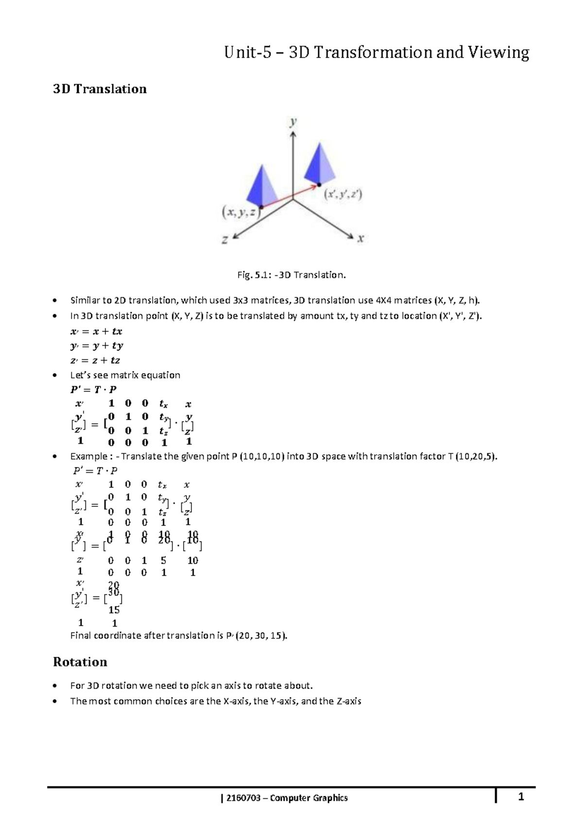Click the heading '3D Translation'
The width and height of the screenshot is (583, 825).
click(x=100, y=89)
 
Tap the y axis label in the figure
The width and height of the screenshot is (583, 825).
click(x=293, y=122)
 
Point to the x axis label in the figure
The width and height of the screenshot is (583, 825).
click(x=360, y=238)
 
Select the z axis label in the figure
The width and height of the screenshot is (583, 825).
click(x=225, y=239)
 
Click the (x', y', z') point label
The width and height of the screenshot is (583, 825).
click(x=343, y=195)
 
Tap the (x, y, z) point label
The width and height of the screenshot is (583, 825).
click(x=240, y=213)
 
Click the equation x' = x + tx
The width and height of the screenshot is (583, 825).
click(x=96, y=331)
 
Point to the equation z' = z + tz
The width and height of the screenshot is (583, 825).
click(x=95, y=360)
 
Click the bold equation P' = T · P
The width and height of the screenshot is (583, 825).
click(x=93, y=389)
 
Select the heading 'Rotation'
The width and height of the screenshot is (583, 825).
click(x=80, y=662)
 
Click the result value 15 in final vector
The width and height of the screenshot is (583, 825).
click(x=114, y=610)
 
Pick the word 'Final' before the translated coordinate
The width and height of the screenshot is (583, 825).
click(x=81, y=636)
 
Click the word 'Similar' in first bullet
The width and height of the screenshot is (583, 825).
click(x=85, y=300)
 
